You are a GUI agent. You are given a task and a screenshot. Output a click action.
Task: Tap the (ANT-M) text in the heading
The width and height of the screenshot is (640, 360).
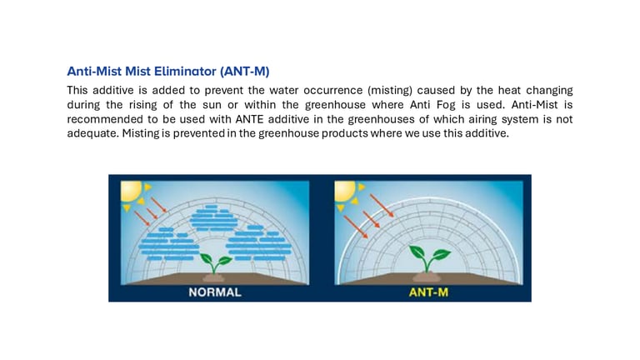pos(245,72)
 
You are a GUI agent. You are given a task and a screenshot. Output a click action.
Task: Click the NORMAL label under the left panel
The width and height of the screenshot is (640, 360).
pos(215,292)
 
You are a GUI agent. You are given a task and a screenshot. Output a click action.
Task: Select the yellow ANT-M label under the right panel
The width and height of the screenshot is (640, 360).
pos(428,292)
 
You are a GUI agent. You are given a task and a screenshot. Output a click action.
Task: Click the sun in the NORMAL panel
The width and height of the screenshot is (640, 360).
pos(132,191)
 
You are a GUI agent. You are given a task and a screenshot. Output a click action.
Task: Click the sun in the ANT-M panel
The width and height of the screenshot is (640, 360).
pos(345,191)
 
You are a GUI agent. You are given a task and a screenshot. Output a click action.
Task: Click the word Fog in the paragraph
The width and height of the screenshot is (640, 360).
pos(446,105)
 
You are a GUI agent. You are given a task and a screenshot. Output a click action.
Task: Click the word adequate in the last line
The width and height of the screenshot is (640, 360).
pos(92,133)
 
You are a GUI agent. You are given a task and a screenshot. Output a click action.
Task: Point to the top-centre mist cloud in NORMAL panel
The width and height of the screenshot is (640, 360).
pos(214,219)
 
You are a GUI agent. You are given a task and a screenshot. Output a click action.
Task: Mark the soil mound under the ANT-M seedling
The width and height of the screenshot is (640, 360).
pos(427,277)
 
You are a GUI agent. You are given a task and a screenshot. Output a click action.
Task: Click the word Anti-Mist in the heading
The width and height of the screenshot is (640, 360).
pos(94,72)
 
